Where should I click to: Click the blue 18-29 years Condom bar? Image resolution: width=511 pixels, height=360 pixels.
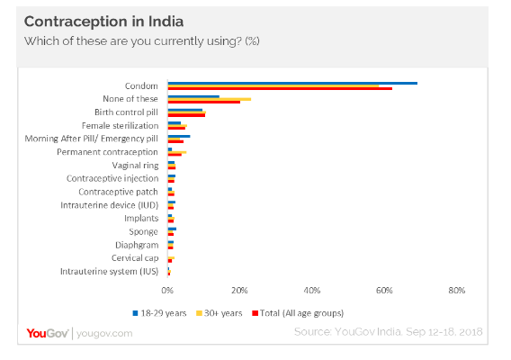pyautogui.click(x=291, y=83)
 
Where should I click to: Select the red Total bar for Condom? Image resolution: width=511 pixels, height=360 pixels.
pyautogui.click(x=279, y=88)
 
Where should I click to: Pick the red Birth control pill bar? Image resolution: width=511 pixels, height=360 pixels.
pyautogui.click(x=186, y=115)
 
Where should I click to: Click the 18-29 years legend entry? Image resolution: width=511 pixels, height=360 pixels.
pyautogui.click(x=161, y=313)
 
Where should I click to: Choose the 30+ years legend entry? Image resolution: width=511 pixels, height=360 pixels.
pyautogui.click(x=222, y=313)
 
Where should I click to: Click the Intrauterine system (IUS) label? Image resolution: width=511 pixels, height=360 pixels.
pyautogui.click(x=109, y=271)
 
